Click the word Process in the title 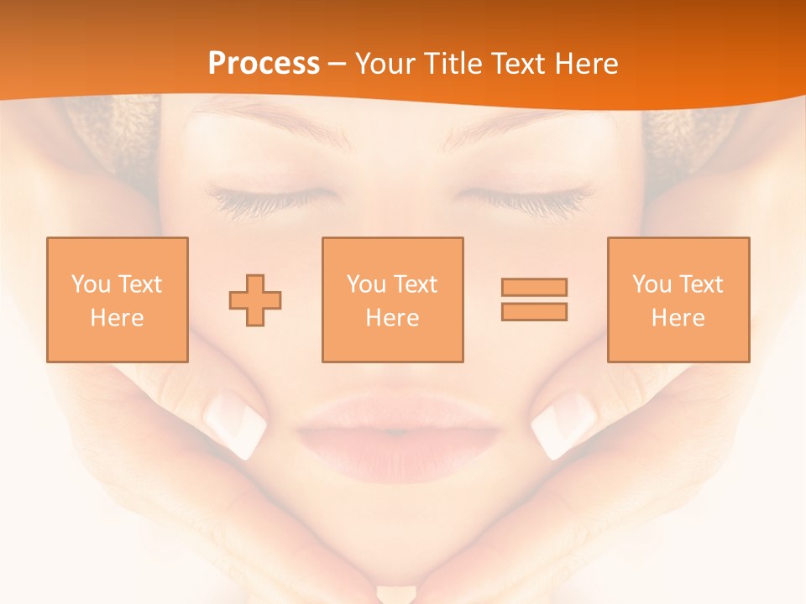coord(264,64)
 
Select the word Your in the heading coord(385,64)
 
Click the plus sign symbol coord(255,299)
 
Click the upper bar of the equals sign coord(534,287)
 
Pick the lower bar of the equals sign coord(534,311)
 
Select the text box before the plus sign coord(118,299)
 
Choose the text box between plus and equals coord(392,299)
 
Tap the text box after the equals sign coord(678,299)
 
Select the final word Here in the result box coord(678,318)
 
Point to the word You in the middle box coord(366,284)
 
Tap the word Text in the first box coord(140,284)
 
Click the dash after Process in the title coord(338,64)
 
